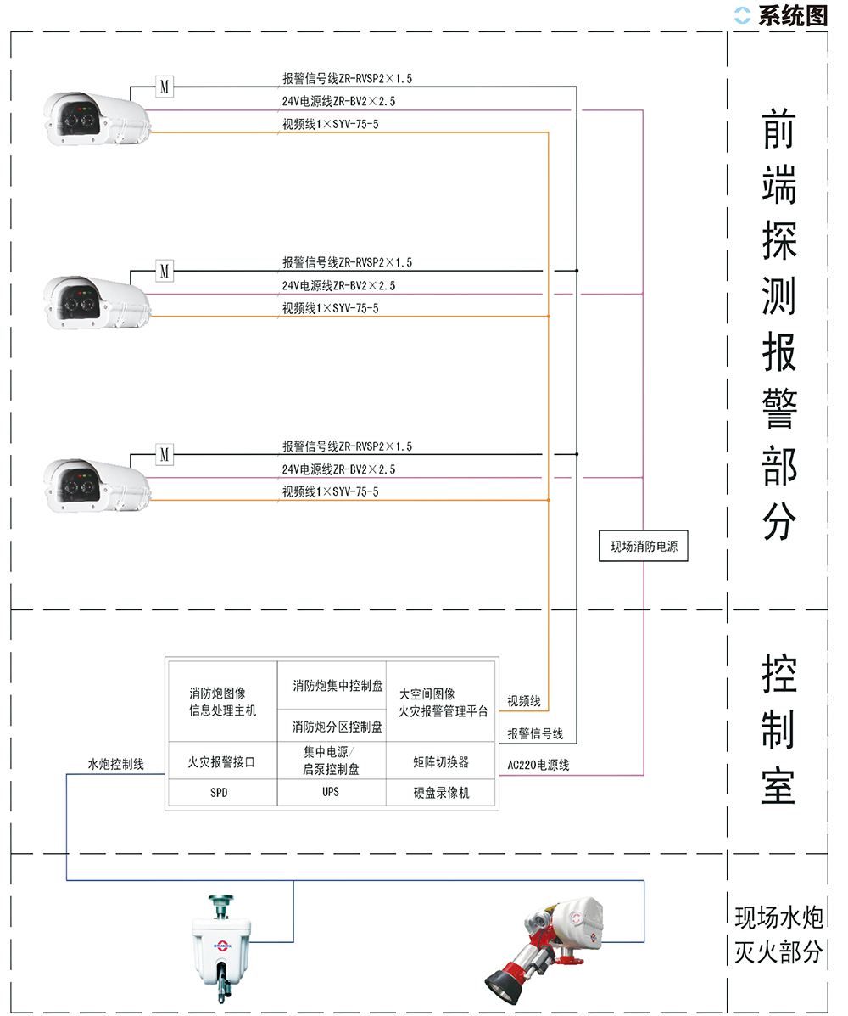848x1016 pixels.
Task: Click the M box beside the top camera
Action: [165, 87]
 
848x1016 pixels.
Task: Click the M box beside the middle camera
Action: [165, 272]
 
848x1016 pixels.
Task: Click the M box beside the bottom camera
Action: [165, 455]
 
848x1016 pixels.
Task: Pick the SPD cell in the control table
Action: [219, 793]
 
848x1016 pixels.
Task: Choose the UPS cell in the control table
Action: [331, 792]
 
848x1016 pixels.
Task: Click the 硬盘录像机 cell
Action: [441, 793]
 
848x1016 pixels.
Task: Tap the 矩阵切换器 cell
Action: [441, 762]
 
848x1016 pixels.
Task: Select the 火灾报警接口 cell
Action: [220, 762]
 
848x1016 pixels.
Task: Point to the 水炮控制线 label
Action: [115, 764]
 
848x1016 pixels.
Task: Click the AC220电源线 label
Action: [538, 765]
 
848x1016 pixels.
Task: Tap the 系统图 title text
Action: [792, 15]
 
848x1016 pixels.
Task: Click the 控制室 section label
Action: [778, 730]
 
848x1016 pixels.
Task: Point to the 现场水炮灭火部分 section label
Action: [778, 935]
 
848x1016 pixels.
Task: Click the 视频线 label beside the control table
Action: [523, 702]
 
